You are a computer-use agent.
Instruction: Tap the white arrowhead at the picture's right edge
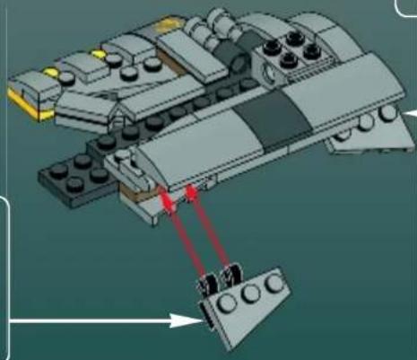point(410,112)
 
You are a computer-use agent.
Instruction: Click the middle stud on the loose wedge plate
point(248,293)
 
